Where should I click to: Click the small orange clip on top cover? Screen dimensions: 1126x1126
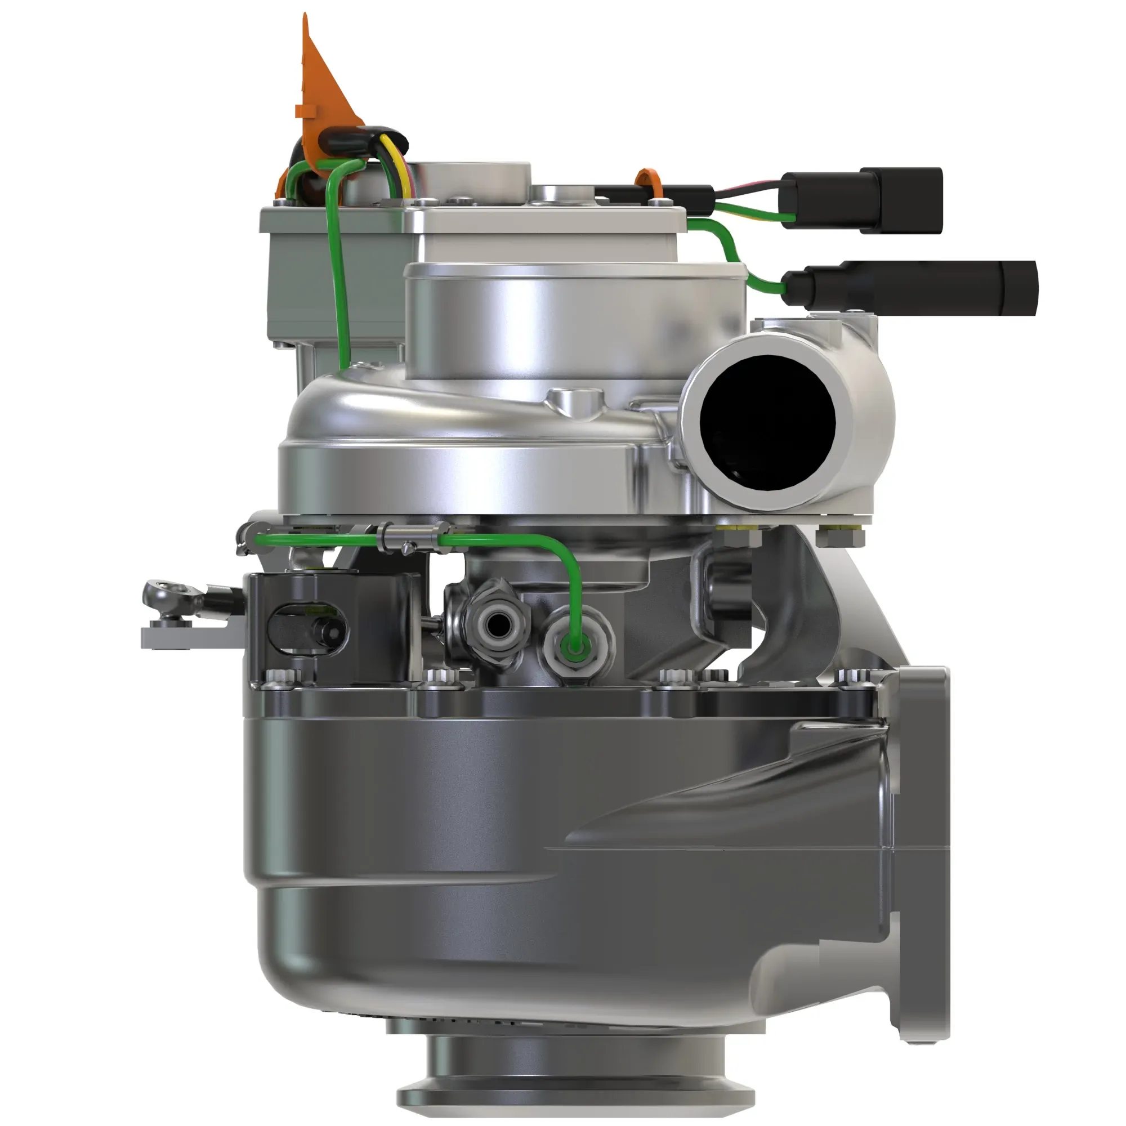(x=647, y=182)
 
